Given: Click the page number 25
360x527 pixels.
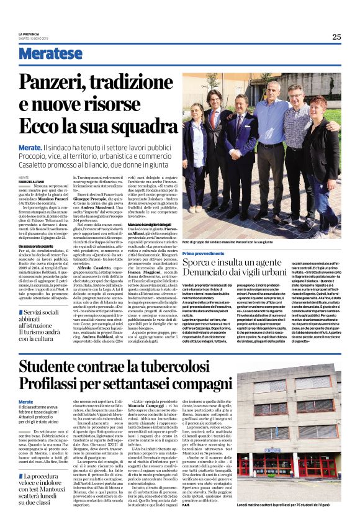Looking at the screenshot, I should (x=336, y=37).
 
